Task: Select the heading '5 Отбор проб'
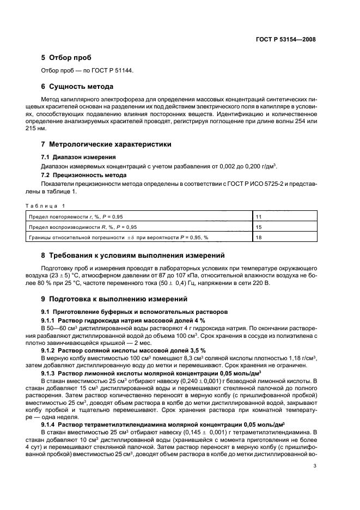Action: tap(66, 58)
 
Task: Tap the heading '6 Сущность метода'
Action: tap(77, 86)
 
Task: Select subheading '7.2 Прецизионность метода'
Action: tap(84, 175)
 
